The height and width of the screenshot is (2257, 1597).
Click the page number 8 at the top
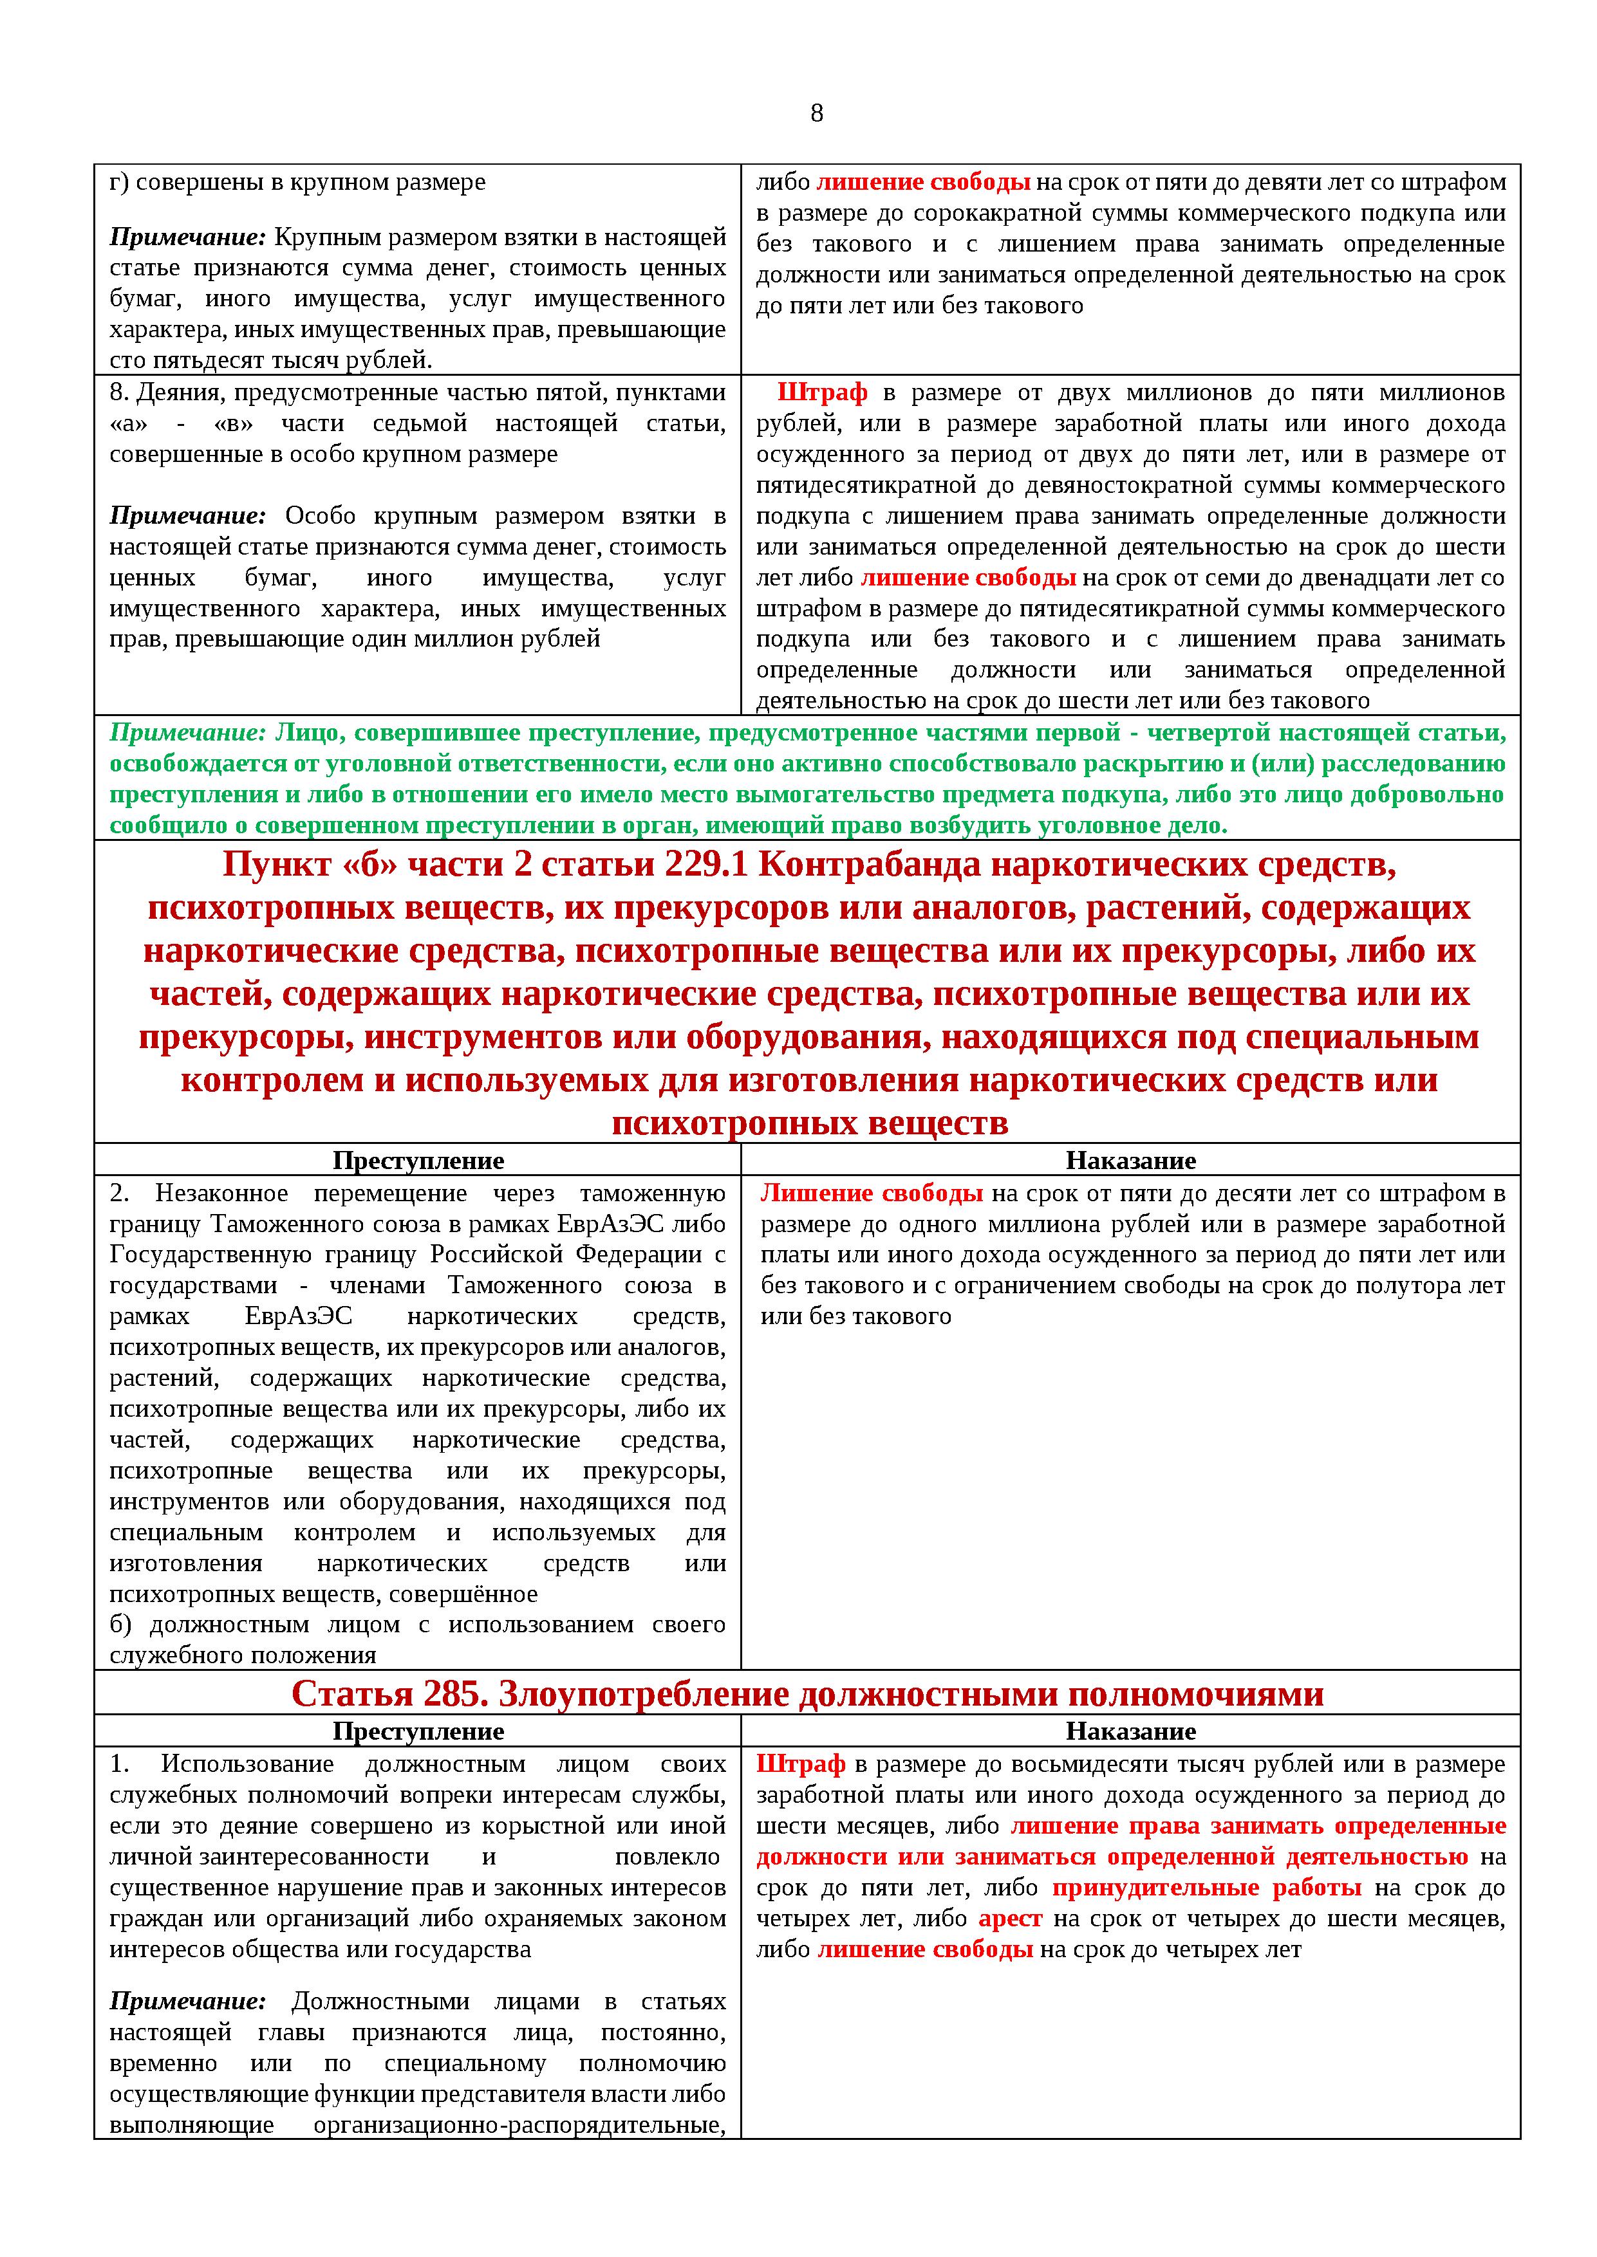coord(816,113)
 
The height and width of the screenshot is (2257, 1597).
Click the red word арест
coord(1010,1918)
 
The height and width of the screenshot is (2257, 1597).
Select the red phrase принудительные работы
coord(1206,1888)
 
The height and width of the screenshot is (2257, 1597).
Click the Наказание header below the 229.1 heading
coord(1131,1160)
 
